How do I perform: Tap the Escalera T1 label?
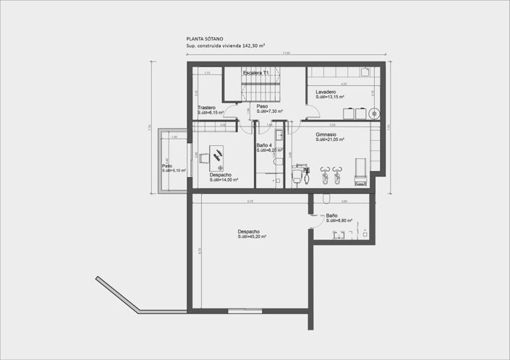(x=256, y=74)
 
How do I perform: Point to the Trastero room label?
(x=206, y=108)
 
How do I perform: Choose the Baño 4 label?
(x=265, y=145)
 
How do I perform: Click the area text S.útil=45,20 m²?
(x=252, y=237)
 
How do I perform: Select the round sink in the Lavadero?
(x=373, y=113)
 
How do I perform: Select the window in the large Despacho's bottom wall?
(x=239, y=310)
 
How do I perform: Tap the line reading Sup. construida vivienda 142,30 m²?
(x=225, y=46)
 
